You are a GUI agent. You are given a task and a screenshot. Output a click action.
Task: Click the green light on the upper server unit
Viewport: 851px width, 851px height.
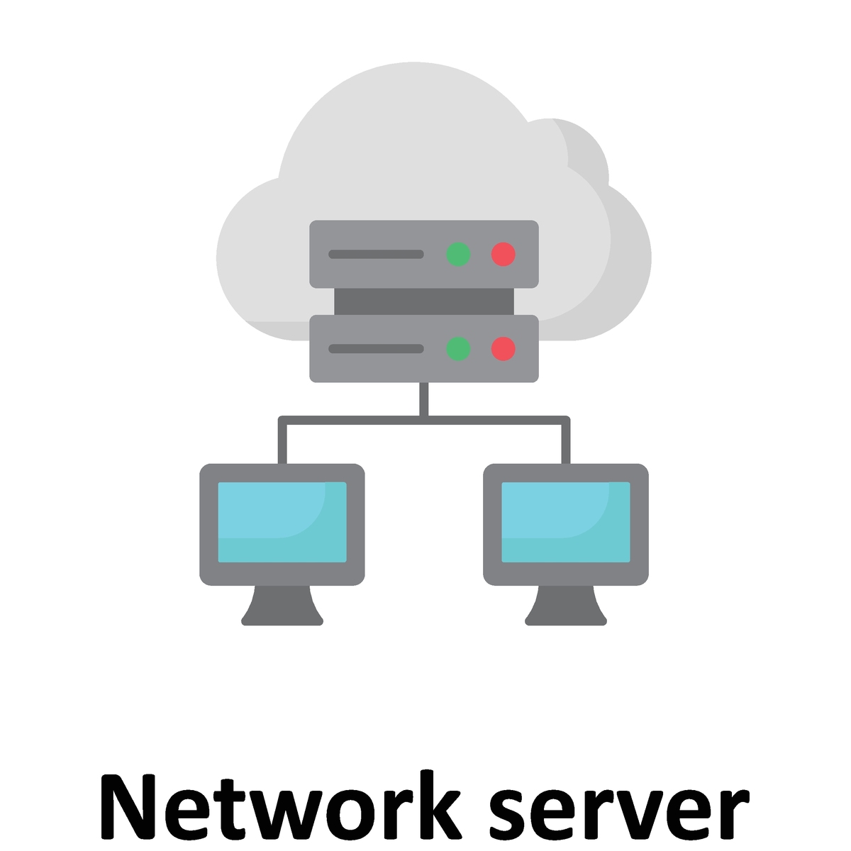point(458,254)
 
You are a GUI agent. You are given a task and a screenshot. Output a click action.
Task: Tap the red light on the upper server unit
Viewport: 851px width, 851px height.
point(503,254)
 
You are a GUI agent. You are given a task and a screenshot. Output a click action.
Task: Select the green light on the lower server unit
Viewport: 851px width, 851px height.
point(458,348)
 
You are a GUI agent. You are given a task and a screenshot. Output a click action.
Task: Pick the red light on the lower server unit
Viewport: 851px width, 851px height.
point(503,348)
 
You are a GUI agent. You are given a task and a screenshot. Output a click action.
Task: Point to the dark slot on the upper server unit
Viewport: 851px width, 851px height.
point(376,254)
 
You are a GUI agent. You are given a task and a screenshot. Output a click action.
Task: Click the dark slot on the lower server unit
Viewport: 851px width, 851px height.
point(376,348)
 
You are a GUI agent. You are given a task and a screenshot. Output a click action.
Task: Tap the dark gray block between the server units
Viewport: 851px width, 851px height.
point(424,301)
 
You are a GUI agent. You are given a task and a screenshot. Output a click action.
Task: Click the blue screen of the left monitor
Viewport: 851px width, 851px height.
point(282,522)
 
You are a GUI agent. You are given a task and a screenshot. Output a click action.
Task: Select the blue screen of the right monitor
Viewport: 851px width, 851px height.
point(566,522)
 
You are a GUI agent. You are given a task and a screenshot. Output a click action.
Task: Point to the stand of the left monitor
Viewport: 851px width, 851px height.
point(282,605)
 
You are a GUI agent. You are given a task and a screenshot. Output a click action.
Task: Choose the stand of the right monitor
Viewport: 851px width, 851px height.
point(566,605)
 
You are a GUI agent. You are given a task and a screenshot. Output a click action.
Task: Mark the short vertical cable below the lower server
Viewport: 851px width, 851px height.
point(424,399)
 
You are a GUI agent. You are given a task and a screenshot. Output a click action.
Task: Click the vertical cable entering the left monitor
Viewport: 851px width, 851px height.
point(282,442)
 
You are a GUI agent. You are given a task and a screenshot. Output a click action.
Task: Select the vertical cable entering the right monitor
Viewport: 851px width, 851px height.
point(566,442)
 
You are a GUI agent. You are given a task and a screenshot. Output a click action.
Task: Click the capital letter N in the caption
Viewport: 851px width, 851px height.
point(128,807)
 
